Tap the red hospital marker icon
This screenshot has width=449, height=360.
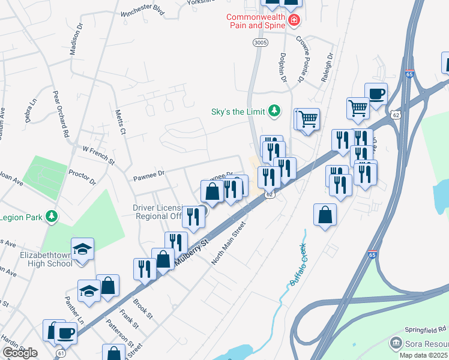coord(294,21)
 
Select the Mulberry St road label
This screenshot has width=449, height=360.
coord(191,252)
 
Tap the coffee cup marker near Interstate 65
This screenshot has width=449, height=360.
coord(376,94)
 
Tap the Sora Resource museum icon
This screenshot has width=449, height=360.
coord(396,343)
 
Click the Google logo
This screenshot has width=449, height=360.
coord(20,353)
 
